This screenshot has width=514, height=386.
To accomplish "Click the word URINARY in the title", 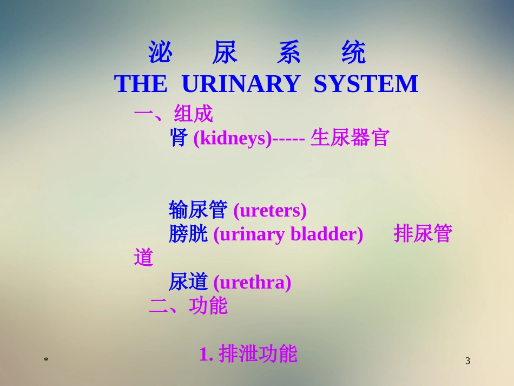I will (x=240, y=84).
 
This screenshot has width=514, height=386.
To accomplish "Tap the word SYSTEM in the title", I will (x=366, y=84).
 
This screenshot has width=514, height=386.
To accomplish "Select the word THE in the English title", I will (x=141, y=84).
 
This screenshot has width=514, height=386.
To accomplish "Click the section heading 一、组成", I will (x=174, y=114).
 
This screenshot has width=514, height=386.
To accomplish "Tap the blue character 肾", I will (x=179, y=138).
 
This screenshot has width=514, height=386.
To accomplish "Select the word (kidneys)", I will (x=233, y=139).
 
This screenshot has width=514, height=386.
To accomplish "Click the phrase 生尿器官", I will (x=350, y=138).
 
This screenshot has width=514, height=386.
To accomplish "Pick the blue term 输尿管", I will (x=198, y=210).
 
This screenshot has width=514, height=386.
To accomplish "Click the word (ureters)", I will (x=270, y=211).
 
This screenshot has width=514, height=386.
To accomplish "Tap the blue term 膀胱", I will (x=188, y=234).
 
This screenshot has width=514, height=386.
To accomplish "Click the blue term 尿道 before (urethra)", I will (x=188, y=282).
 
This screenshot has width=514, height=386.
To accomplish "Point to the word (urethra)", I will (x=253, y=283).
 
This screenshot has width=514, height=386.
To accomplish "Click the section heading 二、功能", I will (x=188, y=306).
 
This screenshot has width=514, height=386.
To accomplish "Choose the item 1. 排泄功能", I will (x=248, y=355).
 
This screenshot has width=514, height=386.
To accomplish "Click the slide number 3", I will (x=468, y=361).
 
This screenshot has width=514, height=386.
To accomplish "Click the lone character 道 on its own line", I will (x=144, y=258).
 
